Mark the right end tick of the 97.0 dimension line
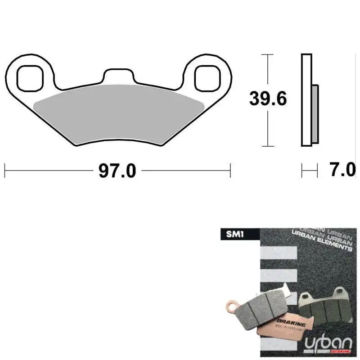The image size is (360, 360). [230, 171]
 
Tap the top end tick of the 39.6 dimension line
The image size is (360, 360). [268, 54]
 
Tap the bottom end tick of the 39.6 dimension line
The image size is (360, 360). [268, 147]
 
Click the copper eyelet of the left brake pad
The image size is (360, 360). [231, 308]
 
